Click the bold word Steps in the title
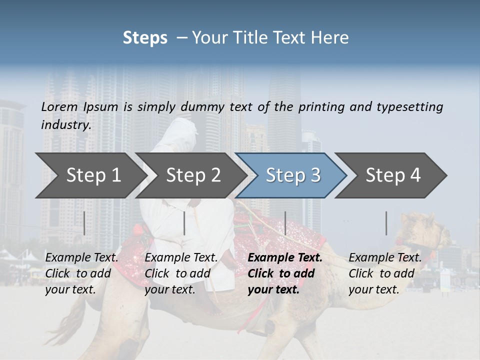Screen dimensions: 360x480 (x=145, y=38)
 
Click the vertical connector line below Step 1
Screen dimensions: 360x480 (x=84, y=223)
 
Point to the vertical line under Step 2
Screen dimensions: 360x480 (x=184, y=223)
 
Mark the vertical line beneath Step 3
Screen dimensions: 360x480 (x=285, y=223)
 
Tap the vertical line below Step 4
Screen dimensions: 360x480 (x=386, y=223)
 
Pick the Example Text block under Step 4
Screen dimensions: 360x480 (x=384, y=273)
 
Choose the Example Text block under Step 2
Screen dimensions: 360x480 (x=181, y=273)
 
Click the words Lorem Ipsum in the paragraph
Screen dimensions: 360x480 (x=79, y=107)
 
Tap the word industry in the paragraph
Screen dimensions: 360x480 (x=65, y=125)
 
